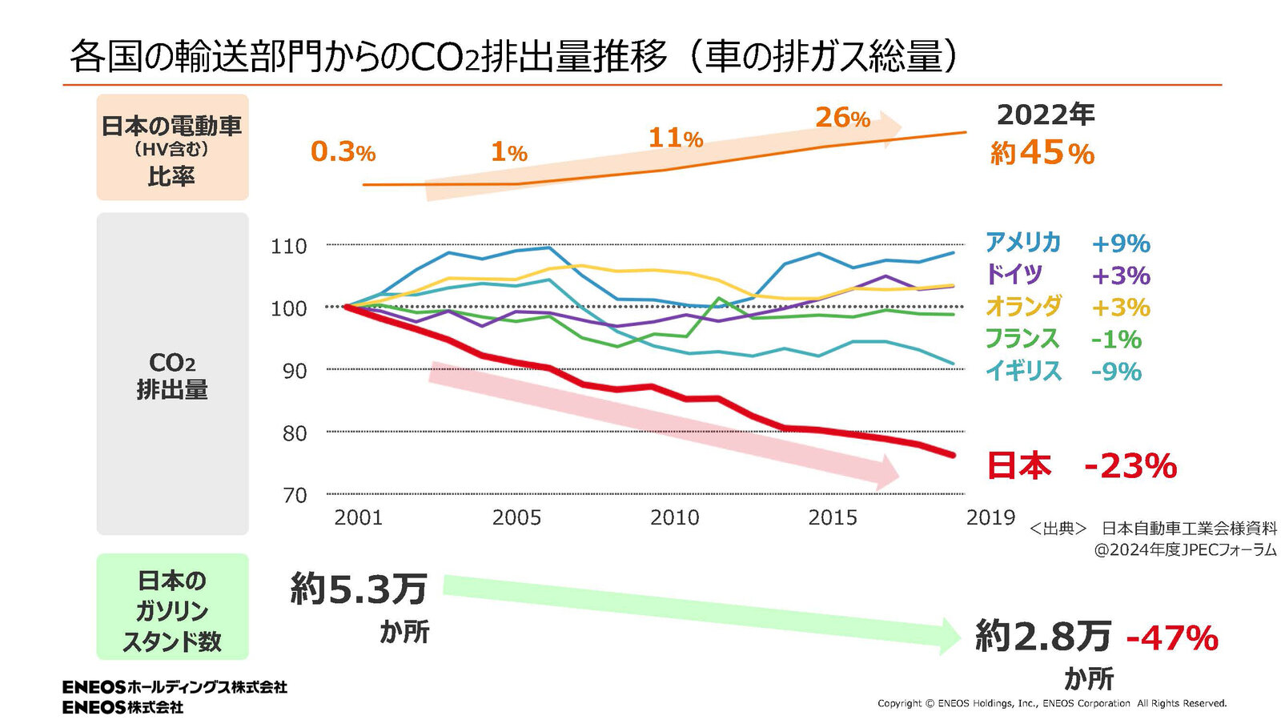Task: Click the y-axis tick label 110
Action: pyautogui.click(x=288, y=246)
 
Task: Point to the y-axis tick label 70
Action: pyautogui.click(x=295, y=495)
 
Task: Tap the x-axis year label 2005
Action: pyautogui.click(x=516, y=517)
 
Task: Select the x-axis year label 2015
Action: pyautogui.click(x=833, y=517)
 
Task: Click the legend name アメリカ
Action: pyautogui.click(x=1022, y=242)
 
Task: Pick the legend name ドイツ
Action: pyautogui.click(x=1014, y=274)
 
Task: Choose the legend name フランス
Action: pyautogui.click(x=1022, y=339)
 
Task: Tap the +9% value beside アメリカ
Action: pyautogui.click(x=1121, y=243)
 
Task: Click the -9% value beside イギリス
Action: pyautogui.click(x=1116, y=372)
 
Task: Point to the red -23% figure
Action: pyautogui.click(x=1130, y=465)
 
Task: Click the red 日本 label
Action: pyautogui.click(x=1018, y=465)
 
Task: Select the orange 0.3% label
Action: pyautogui.click(x=343, y=151)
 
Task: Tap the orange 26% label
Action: pyautogui.click(x=842, y=118)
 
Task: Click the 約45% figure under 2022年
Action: pyautogui.click(x=1042, y=153)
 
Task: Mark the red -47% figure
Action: pyautogui.click(x=1172, y=638)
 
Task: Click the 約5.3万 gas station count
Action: pyautogui.click(x=359, y=589)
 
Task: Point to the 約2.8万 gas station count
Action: pyautogui.click(x=1043, y=637)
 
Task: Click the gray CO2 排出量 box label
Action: pyautogui.click(x=172, y=376)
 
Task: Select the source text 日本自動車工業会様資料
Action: pyautogui.click(x=1189, y=529)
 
